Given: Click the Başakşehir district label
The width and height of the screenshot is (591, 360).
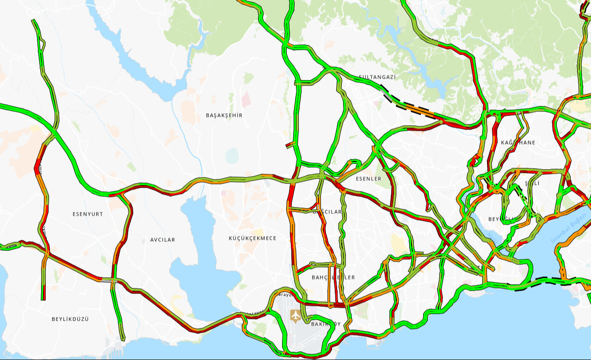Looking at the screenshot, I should (x=224, y=115).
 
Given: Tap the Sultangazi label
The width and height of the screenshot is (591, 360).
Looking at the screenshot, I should (x=377, y=77).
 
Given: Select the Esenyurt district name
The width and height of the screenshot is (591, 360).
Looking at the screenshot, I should (x=88, y=214).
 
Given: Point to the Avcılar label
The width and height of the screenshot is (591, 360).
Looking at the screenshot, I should (x=163, y=240).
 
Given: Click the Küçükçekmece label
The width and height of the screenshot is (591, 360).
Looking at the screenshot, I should (x=252, y=238).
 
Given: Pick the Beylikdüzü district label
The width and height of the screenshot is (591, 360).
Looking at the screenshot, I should (x=70, y=319).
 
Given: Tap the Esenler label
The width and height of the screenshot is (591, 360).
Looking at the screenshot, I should (x=369, y=178).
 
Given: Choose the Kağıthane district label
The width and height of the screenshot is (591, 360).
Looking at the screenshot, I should (x=518, y=142).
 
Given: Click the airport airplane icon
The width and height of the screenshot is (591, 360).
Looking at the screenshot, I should (x=295, y=316).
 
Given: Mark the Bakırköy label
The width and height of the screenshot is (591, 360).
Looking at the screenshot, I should (x=326, y=324).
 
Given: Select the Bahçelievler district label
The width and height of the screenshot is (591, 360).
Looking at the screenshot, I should (x=333, y=277).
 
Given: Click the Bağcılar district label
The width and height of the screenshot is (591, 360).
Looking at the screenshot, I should (x=327, y=212).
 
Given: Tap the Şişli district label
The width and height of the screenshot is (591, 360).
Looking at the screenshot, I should (x=532, y=183).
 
